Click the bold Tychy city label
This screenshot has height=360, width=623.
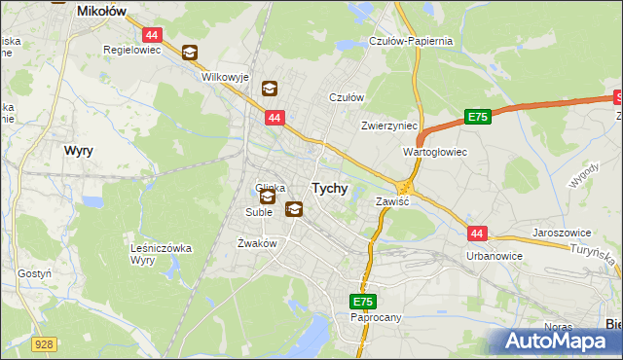click(329, 189)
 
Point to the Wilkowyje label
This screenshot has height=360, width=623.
click(225, 76)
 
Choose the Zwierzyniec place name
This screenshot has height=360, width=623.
click(388, 126)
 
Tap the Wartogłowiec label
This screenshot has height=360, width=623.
click(435, 153)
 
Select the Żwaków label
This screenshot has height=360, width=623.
click(258, 243)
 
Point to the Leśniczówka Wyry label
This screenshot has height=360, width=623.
click(161, 255)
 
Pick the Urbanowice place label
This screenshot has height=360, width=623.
click(494, 256)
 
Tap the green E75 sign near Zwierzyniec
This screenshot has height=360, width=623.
click(476, 117)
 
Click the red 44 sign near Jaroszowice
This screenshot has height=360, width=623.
click(477, 234)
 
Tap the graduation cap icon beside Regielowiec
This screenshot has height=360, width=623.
click(189, 53)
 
